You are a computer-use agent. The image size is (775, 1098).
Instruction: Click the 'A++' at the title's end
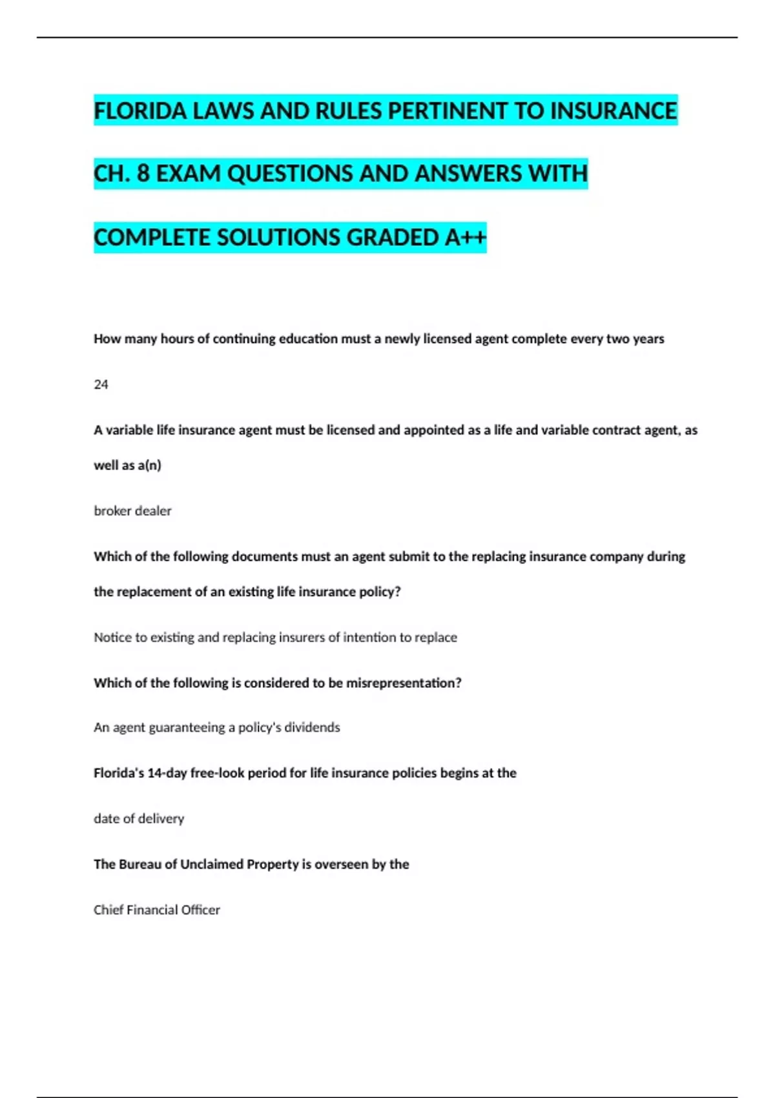tap(465, 238)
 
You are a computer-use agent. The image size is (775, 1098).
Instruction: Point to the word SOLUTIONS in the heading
tap(279, 238)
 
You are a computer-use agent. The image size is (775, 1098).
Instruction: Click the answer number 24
tap(101, 385)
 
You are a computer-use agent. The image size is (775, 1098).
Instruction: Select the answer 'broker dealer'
tap(132, 511)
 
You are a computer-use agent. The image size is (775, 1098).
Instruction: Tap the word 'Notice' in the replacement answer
tap(112, 637)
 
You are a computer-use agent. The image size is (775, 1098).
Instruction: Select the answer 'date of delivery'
tap(139, 819)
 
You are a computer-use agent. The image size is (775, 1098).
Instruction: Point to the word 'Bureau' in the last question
tap(140, 864)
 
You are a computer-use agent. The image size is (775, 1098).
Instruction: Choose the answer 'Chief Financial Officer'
tap(157, 910)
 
